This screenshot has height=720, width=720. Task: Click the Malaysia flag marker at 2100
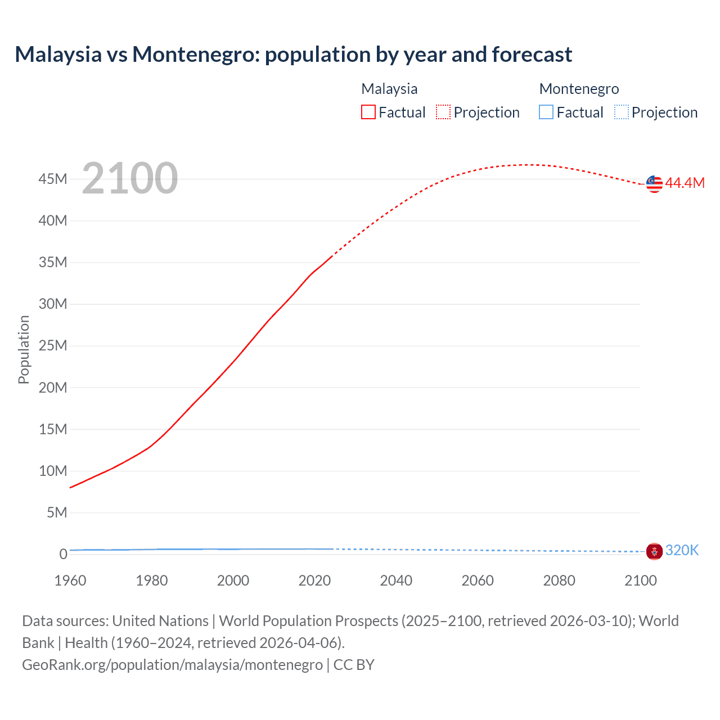[x=654, y=184]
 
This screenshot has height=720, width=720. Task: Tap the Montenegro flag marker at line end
[x=654, y=551]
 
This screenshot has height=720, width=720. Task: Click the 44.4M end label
[x=685, y=183]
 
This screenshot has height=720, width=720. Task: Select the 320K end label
[x=682, y=550]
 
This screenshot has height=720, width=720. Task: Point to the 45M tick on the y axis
[x=53, y=179]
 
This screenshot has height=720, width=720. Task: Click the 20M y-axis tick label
[x=53, y=388]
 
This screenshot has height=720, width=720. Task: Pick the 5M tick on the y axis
[x=57, y=512]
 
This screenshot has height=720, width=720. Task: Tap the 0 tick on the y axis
[x=63, y=554]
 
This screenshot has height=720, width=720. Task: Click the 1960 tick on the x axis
[x=70, y=580]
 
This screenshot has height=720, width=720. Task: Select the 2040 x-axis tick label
[x=396, y=580]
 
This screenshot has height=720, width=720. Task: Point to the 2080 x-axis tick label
[x=559, y=580]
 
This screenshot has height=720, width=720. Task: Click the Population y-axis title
[x=24, y=349]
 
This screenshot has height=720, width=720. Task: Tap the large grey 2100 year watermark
[x=130, y=178]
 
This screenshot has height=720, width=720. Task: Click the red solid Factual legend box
[x=368, y=112]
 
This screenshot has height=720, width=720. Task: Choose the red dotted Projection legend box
[x=443, y=112]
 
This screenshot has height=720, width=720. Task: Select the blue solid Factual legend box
[x=546, y=112]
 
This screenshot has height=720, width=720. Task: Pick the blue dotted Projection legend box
[x=621, y=112]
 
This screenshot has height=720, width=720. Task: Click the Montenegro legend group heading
[x=579, y=89]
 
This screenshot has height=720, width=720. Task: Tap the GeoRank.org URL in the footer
[x=172, y=664]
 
